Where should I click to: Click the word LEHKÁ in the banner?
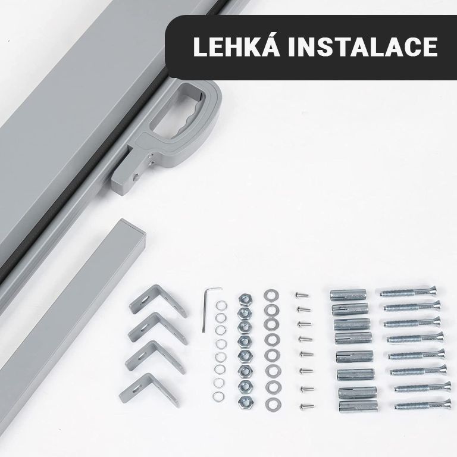(237, 46)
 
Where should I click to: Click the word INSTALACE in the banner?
(363, 47)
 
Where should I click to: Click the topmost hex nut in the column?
(245, 299)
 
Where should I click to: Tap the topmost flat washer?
(271, 295)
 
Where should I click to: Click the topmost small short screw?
(302, 295)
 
